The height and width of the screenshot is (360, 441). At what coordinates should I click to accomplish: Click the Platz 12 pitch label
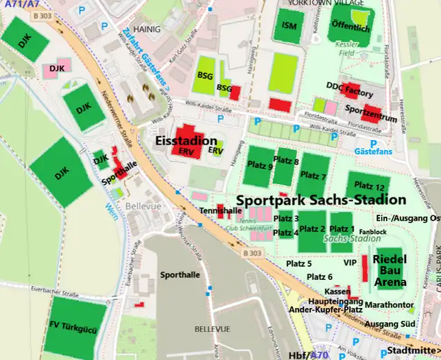[370, 187]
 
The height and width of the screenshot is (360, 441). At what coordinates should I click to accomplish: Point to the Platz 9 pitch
[260, 166]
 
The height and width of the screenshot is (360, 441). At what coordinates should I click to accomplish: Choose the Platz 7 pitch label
[313, 176]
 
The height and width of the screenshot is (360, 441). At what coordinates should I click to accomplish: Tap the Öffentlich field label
[350, 28]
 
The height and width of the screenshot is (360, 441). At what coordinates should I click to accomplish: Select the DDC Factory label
[349, 91]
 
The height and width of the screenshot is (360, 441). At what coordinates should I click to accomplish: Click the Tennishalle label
[221, 210]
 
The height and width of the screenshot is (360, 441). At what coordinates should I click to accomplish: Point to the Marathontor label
[389, 304]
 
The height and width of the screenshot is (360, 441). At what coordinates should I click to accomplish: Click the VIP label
[350, 263]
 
